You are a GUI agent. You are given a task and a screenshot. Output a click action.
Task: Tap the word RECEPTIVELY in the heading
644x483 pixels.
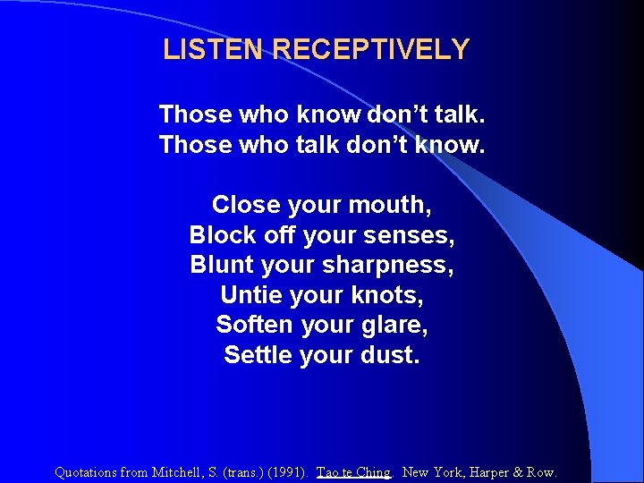371,49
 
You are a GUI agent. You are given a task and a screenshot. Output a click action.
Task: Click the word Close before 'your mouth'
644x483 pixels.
246,205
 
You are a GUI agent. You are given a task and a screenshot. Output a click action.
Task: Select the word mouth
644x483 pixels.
393,205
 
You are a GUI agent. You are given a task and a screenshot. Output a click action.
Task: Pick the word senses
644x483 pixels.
411,236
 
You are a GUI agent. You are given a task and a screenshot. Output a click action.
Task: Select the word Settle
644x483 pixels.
253,355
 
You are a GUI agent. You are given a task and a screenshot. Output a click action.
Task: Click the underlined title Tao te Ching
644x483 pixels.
354,472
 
